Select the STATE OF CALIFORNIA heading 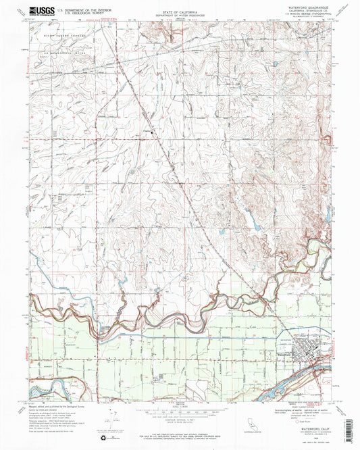pos(179,11)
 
